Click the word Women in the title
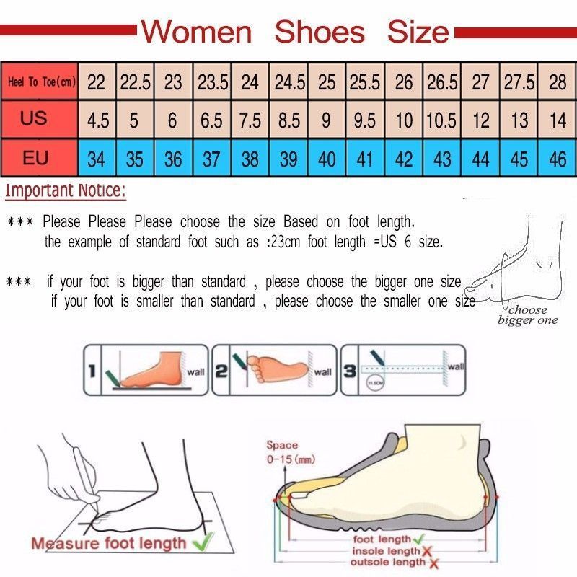(196, 32)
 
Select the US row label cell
(34, 119)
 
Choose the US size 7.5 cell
(250, 120)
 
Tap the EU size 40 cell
(327, 159)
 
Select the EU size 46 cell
(558, 159)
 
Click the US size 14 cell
(558, 120)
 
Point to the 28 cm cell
(558, 82)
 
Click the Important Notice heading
(66, 191)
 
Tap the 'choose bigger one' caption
(527, 315)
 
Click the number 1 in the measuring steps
(92, 372)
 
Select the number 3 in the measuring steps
(348, 371)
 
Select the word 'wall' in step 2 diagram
(322, 372)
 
